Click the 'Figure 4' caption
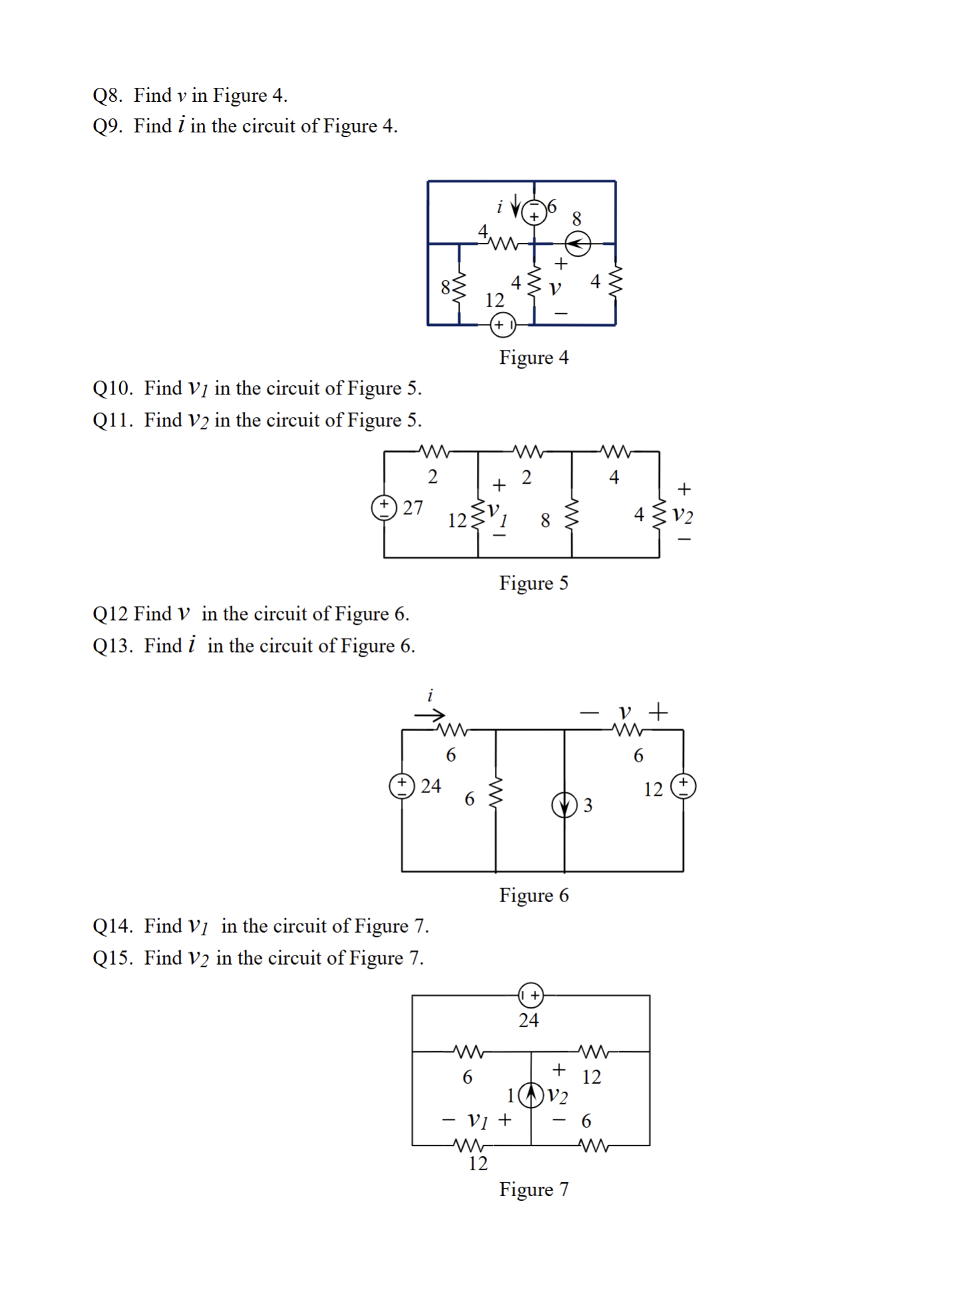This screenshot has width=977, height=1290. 533,358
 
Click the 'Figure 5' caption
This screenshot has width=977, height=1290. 533,583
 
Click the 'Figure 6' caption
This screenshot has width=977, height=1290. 533,895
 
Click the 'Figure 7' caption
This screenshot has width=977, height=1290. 533,1190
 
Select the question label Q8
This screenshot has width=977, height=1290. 107,96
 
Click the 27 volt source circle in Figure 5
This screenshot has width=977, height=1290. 384,508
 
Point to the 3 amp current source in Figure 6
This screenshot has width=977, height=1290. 564,805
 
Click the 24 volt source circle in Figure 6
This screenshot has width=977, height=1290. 402,786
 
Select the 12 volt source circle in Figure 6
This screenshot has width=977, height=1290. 683,786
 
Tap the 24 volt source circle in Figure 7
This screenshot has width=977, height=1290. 531,995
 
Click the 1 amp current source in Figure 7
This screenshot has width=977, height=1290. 531,1094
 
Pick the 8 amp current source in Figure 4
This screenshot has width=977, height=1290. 577,243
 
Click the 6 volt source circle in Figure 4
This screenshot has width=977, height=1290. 533,212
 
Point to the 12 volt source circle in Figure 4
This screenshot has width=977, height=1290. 502,325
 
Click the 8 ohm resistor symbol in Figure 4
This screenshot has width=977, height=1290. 459,287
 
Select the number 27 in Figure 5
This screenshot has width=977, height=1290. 412,508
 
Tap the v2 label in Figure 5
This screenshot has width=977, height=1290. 682,515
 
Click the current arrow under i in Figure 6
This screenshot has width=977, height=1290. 430,716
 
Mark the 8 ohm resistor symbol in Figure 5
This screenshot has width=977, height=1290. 571,515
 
